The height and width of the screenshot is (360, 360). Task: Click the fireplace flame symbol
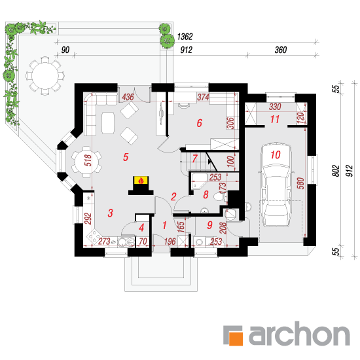tap(141, 180)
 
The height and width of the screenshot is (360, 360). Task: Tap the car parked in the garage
tap(276, 185)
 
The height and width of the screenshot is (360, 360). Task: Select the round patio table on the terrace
tap(45, 76)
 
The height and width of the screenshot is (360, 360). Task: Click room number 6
tap(199, 123)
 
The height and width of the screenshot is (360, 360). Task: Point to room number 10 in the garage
tap(276, 154)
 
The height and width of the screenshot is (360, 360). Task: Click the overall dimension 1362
tap(185, 37)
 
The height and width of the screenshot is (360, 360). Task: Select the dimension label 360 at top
tap(281, 50)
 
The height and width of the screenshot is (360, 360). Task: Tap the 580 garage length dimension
tap(300, 183)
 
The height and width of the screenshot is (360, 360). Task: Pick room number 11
tap(275, 119)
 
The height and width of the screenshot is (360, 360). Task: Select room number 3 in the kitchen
tap(110, 213)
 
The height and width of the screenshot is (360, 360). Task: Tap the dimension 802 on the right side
tap(336, 171)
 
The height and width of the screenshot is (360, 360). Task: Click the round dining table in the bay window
tap(86, 162)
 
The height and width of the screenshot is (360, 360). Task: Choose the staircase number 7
tap(194, 158)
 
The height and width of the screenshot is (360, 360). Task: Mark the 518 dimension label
tap(88, 160)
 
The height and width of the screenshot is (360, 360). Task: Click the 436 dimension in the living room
tap(128, 97)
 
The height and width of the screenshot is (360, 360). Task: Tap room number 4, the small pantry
tap(141, 228)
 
